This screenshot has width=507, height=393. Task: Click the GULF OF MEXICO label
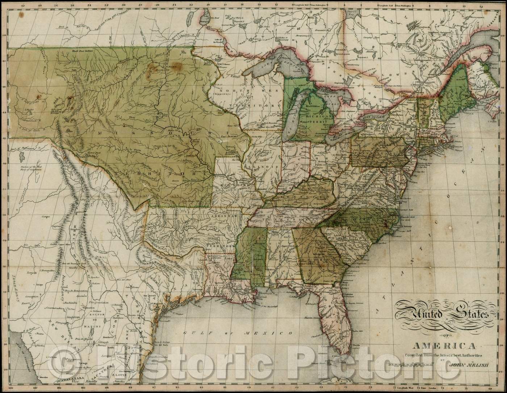point(238,333)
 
